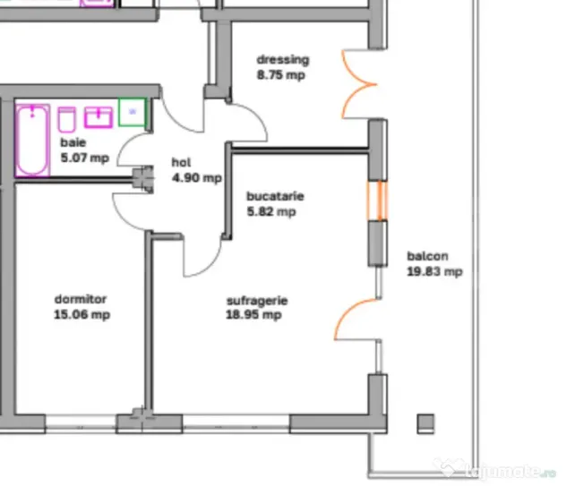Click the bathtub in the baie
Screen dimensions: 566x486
tap(32, 141)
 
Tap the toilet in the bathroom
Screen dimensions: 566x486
tap(67, 120)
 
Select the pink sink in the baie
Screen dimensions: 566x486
tap(99, 117)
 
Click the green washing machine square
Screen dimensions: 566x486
tap(133, 112)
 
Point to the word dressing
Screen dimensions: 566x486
tap(283, 60)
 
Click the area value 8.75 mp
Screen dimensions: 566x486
tap(281, 75)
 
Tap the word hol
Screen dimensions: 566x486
tap(181, 162)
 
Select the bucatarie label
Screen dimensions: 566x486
tap(275, 196)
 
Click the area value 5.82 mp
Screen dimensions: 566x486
tap(271, 211)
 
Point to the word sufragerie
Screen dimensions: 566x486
tap(257, 301)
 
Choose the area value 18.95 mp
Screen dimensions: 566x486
tap(253, 315)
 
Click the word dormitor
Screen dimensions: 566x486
tap(81, 299)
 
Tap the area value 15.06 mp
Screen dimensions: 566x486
tap(81, 314)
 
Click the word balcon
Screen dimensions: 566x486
tap(428, 256)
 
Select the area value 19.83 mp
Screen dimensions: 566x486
tap(434, 271)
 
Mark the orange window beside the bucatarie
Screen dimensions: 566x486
tap(378, 200)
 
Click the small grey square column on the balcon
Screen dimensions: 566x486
tap(426, 423)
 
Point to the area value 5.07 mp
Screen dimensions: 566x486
tap(85, 158)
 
